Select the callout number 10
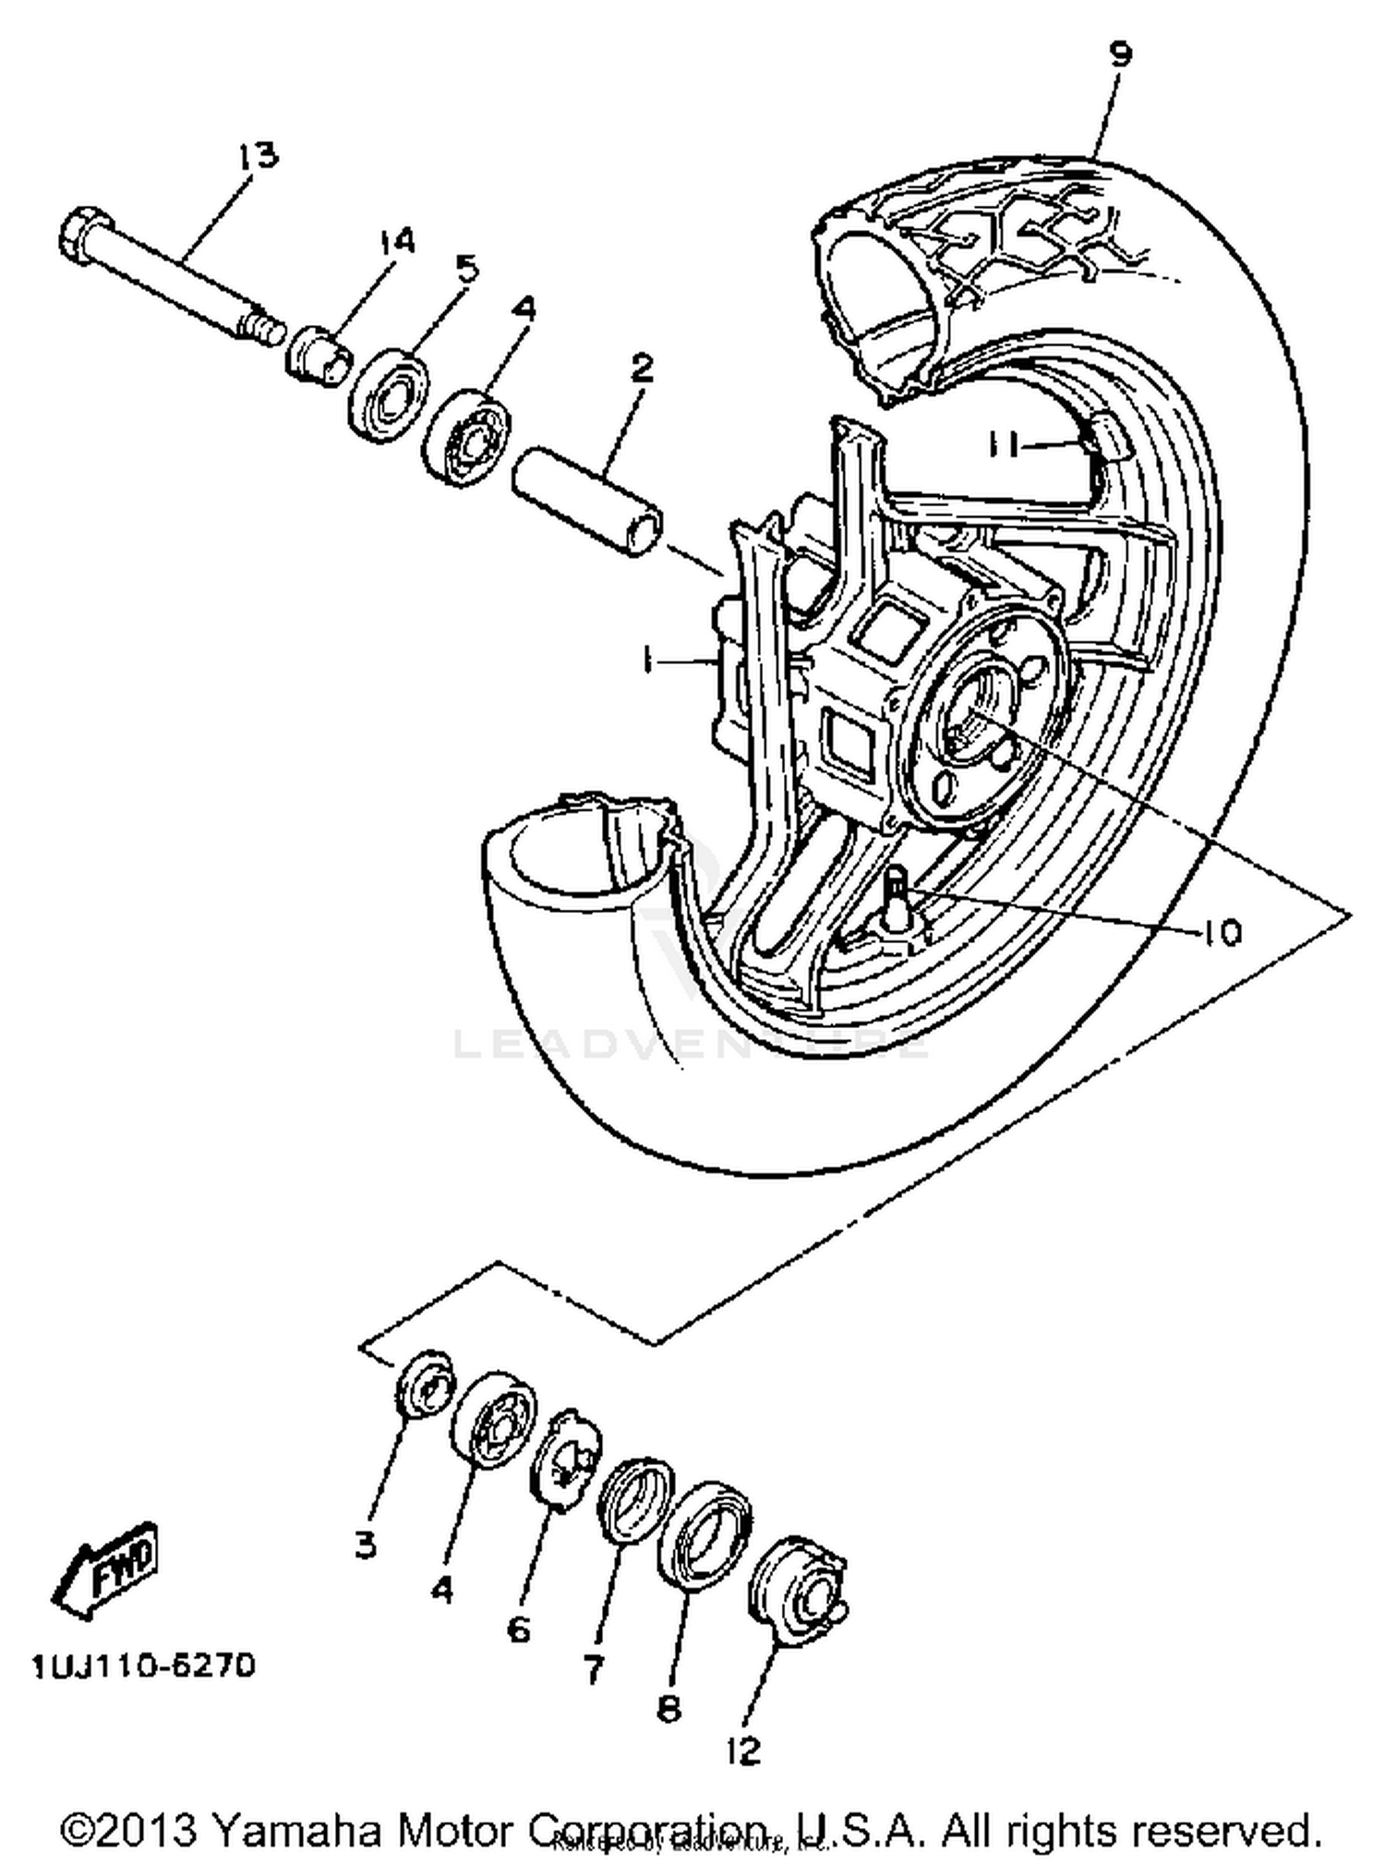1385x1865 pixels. (1221, 933)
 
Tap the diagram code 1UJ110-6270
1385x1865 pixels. (143, 1666)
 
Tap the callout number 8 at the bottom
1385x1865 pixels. (668, 1710)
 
